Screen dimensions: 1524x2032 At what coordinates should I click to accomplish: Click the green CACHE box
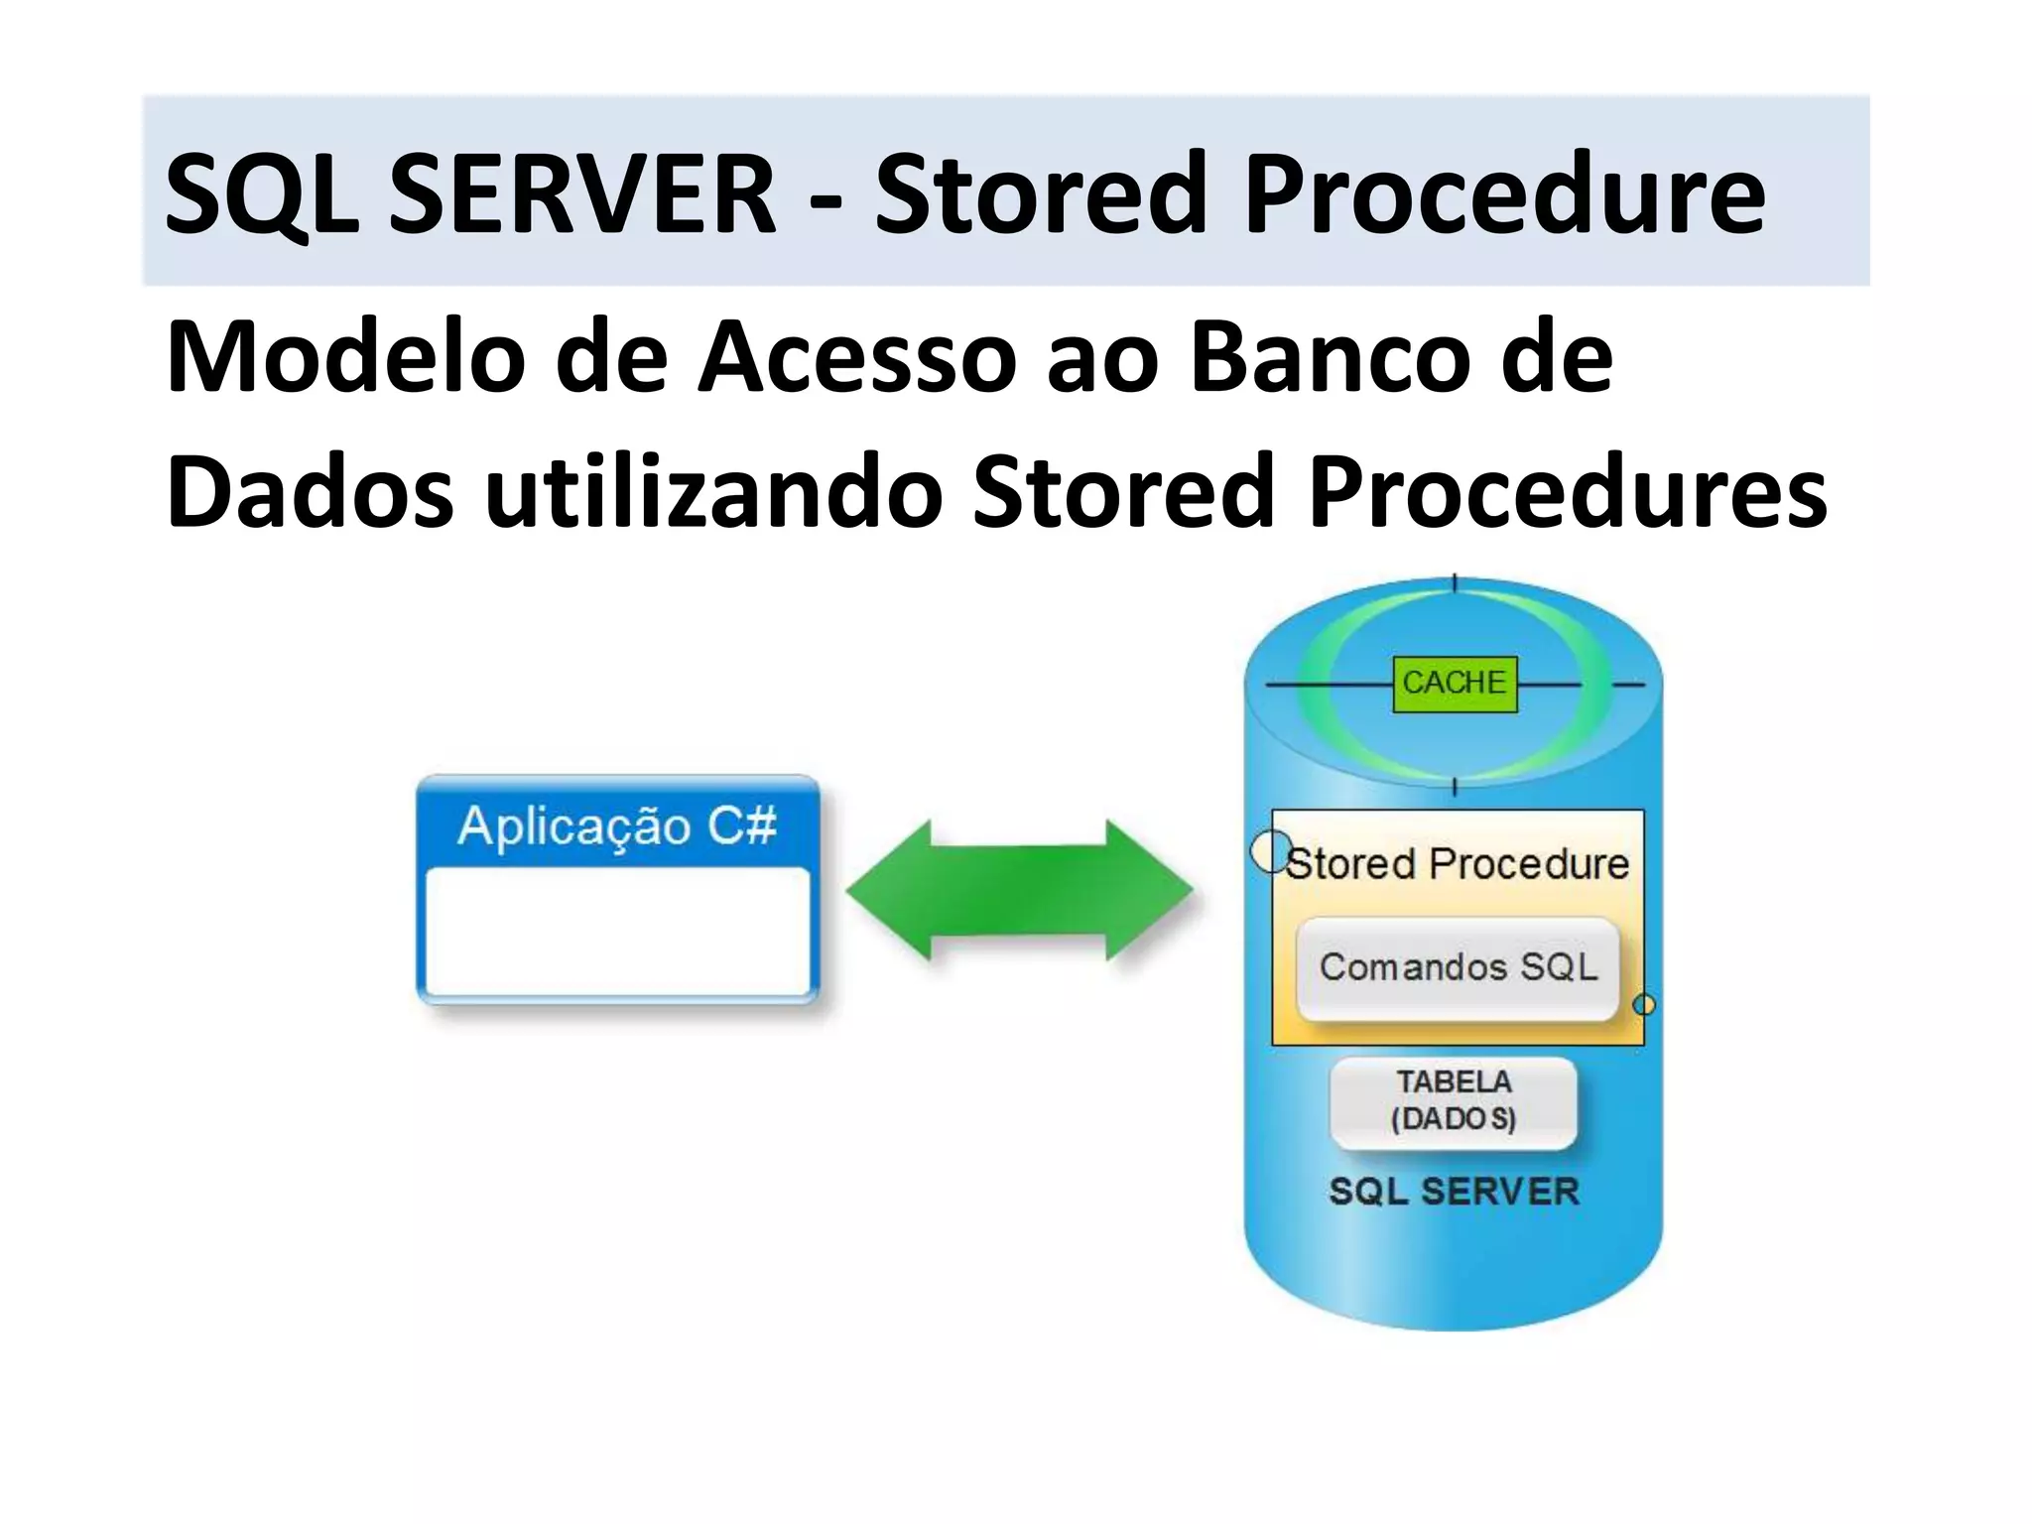[1455, 684]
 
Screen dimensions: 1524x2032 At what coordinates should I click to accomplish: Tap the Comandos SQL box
[1458, 968]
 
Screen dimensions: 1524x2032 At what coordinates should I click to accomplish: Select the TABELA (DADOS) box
[1454, 1101]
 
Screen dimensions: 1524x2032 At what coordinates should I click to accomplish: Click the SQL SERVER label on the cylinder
[1454, 1192]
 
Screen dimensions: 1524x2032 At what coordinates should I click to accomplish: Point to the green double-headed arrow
[1019, 890]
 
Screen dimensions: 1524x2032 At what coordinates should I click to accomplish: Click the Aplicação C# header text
[616, 825]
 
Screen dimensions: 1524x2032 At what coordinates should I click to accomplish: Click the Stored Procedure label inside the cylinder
[1458, 864]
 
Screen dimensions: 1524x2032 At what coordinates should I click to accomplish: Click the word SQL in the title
[261, 194]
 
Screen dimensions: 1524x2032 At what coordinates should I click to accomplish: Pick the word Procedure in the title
[1504, 194]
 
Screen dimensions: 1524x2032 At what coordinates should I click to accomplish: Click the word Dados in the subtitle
[310, 491]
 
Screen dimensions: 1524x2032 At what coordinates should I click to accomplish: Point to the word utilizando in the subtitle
[712, 491]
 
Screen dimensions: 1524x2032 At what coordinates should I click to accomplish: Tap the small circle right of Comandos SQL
[1644, 1005]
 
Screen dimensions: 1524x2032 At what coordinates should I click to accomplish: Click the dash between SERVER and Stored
[825, 198]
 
